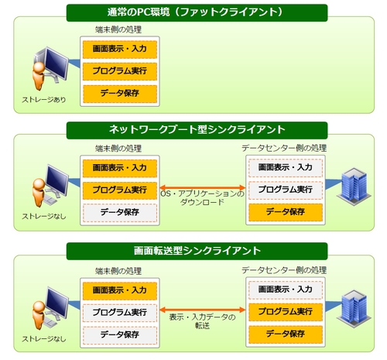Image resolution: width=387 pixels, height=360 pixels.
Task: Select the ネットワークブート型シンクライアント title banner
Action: pos(197,130)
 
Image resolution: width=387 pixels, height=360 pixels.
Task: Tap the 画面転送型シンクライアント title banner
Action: pos(197,251)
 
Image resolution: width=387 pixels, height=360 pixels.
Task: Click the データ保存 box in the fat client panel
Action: pos(120,94)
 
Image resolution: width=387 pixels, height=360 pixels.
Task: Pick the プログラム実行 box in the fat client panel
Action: pos(120,71)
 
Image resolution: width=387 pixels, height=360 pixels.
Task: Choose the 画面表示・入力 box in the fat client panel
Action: pos(120,49)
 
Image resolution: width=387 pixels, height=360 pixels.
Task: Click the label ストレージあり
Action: pos(44,100)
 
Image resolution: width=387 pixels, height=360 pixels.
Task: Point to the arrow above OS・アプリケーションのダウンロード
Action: pos(203,187)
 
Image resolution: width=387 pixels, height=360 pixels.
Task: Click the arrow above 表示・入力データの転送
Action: pos(203,310)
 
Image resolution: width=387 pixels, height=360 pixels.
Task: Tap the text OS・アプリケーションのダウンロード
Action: pos(203,197)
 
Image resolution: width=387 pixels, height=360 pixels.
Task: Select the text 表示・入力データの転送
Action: pos(203,321)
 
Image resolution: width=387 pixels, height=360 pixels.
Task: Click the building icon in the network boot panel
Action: pos(354,187)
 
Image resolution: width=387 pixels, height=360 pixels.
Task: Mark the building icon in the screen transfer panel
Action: pos(354,309)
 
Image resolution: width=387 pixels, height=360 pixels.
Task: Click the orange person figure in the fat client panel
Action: pos(39,76)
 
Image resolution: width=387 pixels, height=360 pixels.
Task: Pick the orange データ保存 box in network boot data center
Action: pos(286,212)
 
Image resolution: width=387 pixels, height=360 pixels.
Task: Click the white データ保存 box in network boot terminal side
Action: pos(120,213)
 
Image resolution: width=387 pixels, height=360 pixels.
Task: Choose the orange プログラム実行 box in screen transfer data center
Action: pos(286,312)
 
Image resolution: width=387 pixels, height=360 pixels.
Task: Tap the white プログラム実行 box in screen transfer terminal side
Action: pos(120,313)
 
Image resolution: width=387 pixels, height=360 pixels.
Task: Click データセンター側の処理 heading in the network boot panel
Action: pos(284,148)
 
